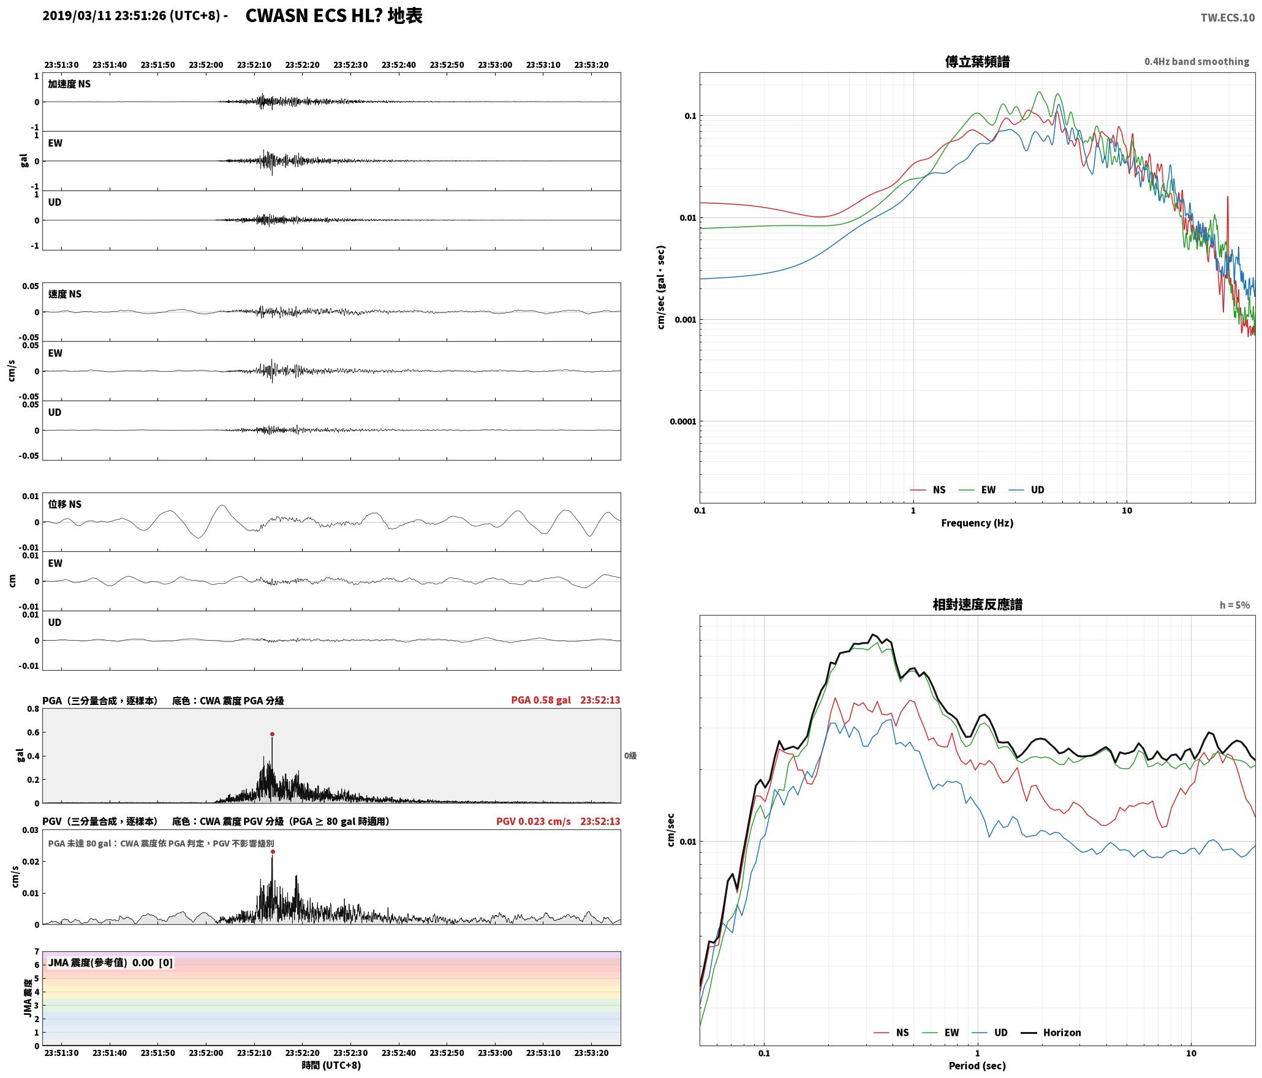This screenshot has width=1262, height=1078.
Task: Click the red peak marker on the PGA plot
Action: click(272, 734)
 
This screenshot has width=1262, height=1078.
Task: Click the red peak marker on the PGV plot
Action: click(273, 851)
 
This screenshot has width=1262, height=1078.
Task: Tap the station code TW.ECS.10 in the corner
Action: click(1227, 18)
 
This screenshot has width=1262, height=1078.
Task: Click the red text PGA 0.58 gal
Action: click(541, 700)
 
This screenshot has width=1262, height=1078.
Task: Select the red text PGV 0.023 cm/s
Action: click(533, 821)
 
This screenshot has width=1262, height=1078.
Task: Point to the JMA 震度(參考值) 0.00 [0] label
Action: click(110, 963)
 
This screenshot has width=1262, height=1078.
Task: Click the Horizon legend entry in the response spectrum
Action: click(1051, 1033)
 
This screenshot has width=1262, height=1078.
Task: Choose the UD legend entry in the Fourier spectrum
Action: click(1026, 490)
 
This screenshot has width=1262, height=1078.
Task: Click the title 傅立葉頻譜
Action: click(977, 62)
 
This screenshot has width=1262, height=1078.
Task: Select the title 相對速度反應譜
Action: click(977, 605)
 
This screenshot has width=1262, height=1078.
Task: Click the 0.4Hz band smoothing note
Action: click(1196, 62)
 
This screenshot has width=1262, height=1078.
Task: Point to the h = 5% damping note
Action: click(1234, 605)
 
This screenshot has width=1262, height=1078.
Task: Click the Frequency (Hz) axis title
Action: click(977, 523)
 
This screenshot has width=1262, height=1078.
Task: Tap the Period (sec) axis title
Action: click(977, 1066)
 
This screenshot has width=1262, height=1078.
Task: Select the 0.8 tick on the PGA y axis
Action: click(33, 709)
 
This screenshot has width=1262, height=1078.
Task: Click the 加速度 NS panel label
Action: click(69, 84)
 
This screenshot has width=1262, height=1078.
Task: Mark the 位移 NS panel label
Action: click(64, 504)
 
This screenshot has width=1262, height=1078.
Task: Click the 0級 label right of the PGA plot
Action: click(630, 756)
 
